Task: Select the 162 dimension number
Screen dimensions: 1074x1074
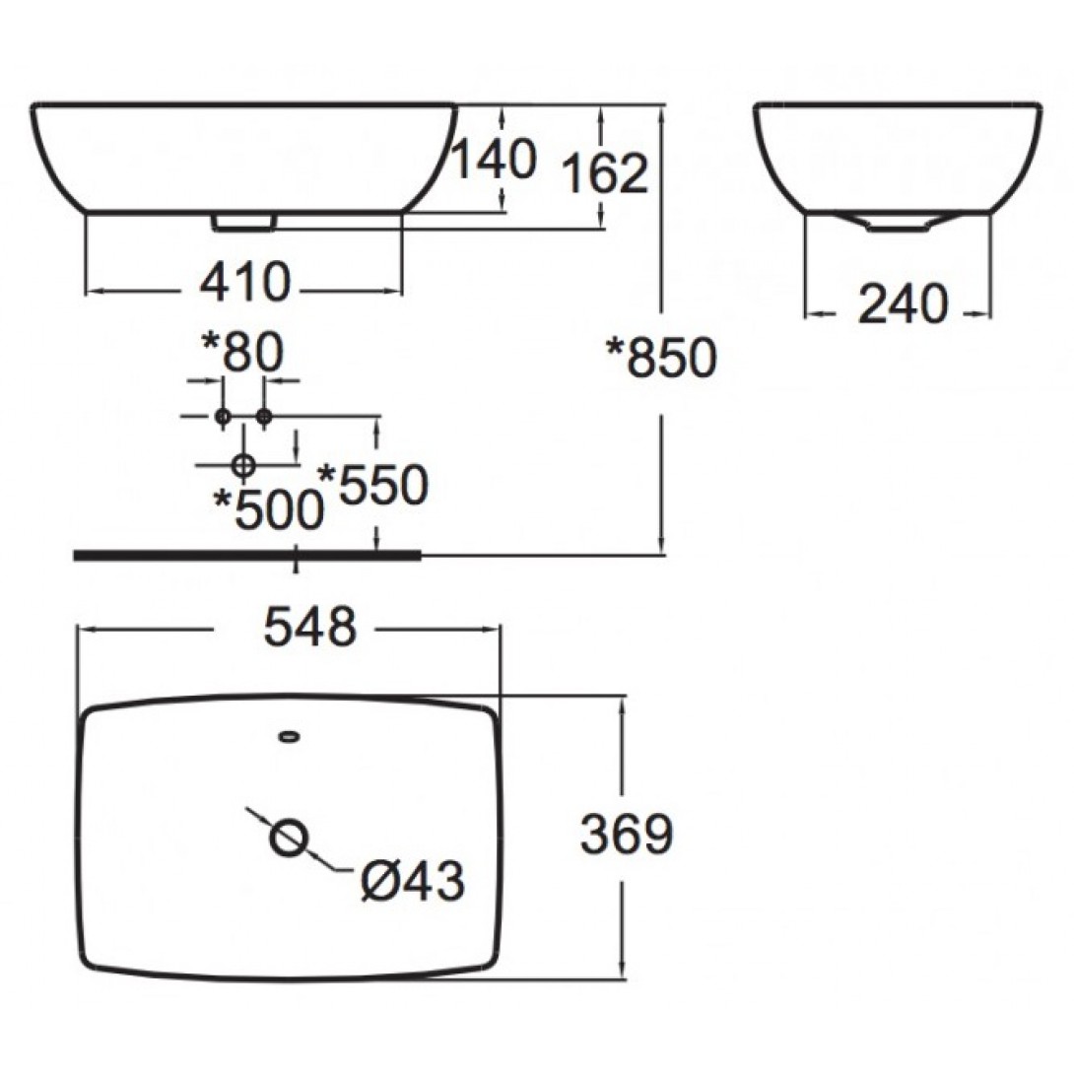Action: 605,174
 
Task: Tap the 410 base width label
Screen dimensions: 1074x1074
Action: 245,284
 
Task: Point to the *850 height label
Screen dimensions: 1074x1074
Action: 660,359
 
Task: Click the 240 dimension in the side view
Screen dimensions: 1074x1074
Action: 903,304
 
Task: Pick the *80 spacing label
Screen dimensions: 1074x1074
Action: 241,352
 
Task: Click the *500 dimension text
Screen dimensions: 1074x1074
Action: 269,510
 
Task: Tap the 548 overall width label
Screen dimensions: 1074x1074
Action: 309,627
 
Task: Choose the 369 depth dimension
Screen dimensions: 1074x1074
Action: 627,837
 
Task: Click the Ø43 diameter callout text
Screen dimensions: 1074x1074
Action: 412,880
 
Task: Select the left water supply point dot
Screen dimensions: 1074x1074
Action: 223,417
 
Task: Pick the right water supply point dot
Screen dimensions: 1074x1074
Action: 263,417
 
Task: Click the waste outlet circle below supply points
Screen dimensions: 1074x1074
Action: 243,464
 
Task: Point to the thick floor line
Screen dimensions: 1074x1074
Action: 246,555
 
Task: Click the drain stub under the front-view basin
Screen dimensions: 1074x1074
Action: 242,223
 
